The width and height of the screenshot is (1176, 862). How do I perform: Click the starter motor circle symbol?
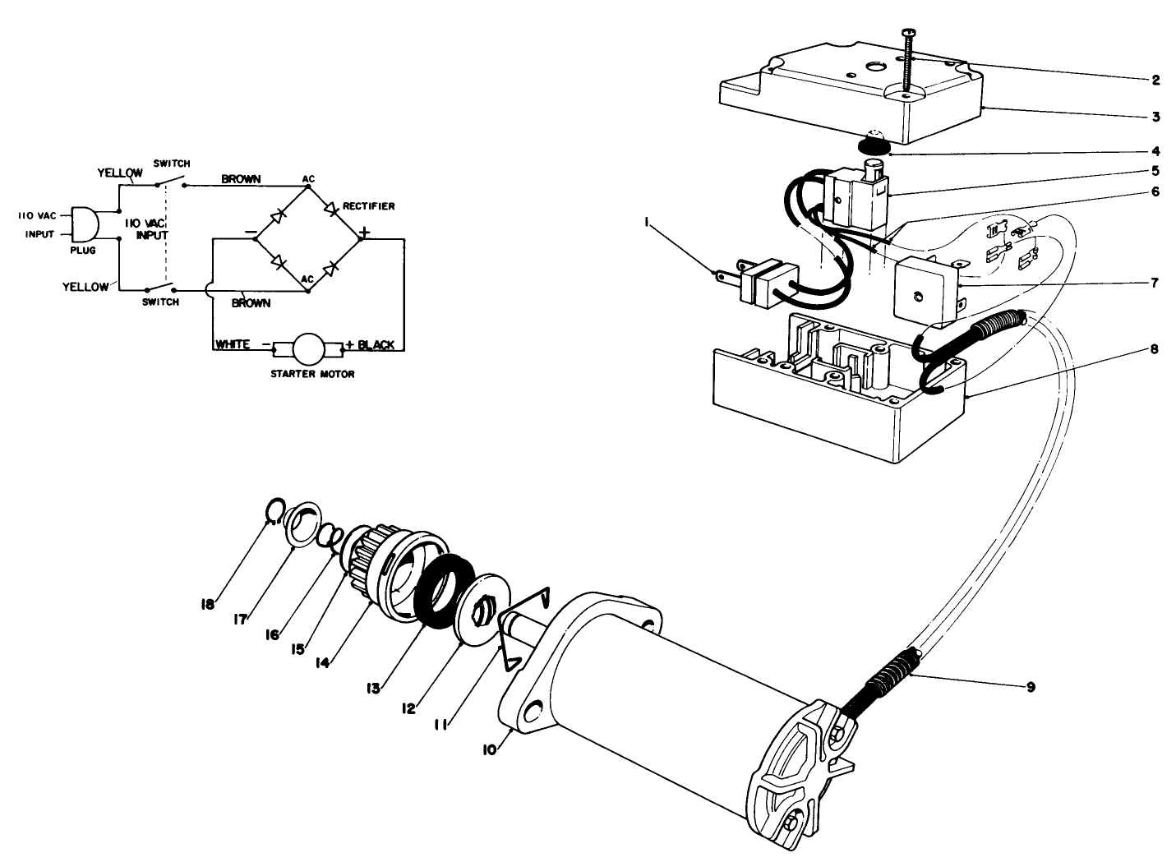[310, 350]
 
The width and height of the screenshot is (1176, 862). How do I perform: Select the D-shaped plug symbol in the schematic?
[85, 224]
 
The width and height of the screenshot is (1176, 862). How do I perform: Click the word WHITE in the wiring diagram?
[233, 344]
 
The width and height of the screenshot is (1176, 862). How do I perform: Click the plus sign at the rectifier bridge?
[364, 233]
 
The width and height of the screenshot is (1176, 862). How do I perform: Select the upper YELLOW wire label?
[120, 173]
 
